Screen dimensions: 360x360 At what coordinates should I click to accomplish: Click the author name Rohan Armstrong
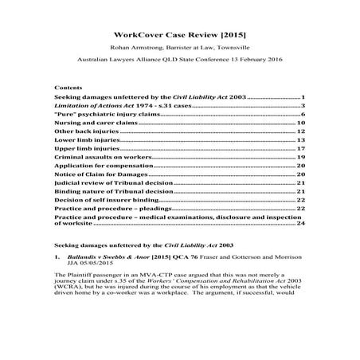click(128, 52)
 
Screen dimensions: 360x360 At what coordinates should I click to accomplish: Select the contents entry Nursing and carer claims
click(94, 123)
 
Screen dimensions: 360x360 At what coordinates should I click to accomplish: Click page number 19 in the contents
click(301, 158)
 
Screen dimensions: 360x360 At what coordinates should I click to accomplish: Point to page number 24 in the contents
click(301, 225)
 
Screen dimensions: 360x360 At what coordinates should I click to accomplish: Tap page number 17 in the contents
click(301, 149)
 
